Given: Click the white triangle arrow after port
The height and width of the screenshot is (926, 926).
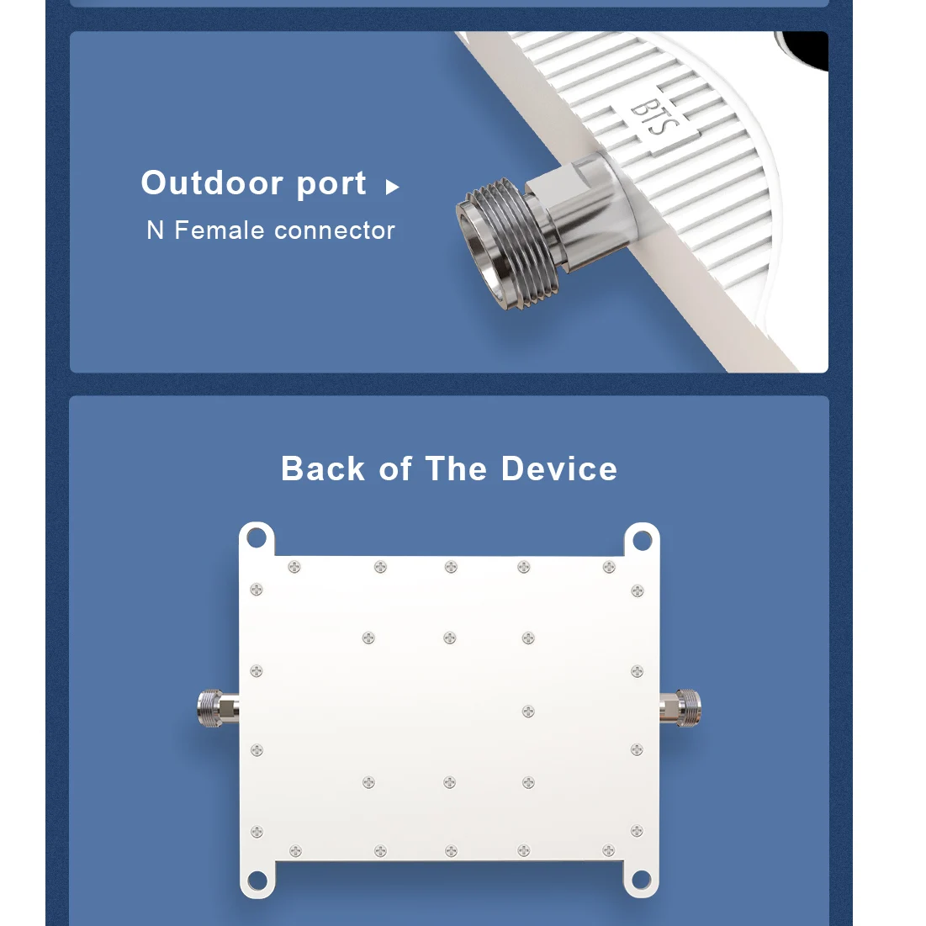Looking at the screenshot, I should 391,187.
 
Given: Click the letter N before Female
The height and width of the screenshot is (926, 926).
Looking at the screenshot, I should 155,230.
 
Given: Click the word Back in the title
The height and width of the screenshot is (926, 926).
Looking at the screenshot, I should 323,468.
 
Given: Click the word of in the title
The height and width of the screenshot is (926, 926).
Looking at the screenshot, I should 395,468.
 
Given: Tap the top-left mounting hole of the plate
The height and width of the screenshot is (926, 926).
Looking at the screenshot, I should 257,537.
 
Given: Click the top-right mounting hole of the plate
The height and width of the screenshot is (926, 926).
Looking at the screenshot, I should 641,537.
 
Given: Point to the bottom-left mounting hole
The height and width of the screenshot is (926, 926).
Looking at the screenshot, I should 257,880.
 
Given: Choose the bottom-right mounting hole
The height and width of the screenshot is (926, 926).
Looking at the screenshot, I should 641,880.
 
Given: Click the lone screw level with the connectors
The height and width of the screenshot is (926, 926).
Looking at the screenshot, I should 528,712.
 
